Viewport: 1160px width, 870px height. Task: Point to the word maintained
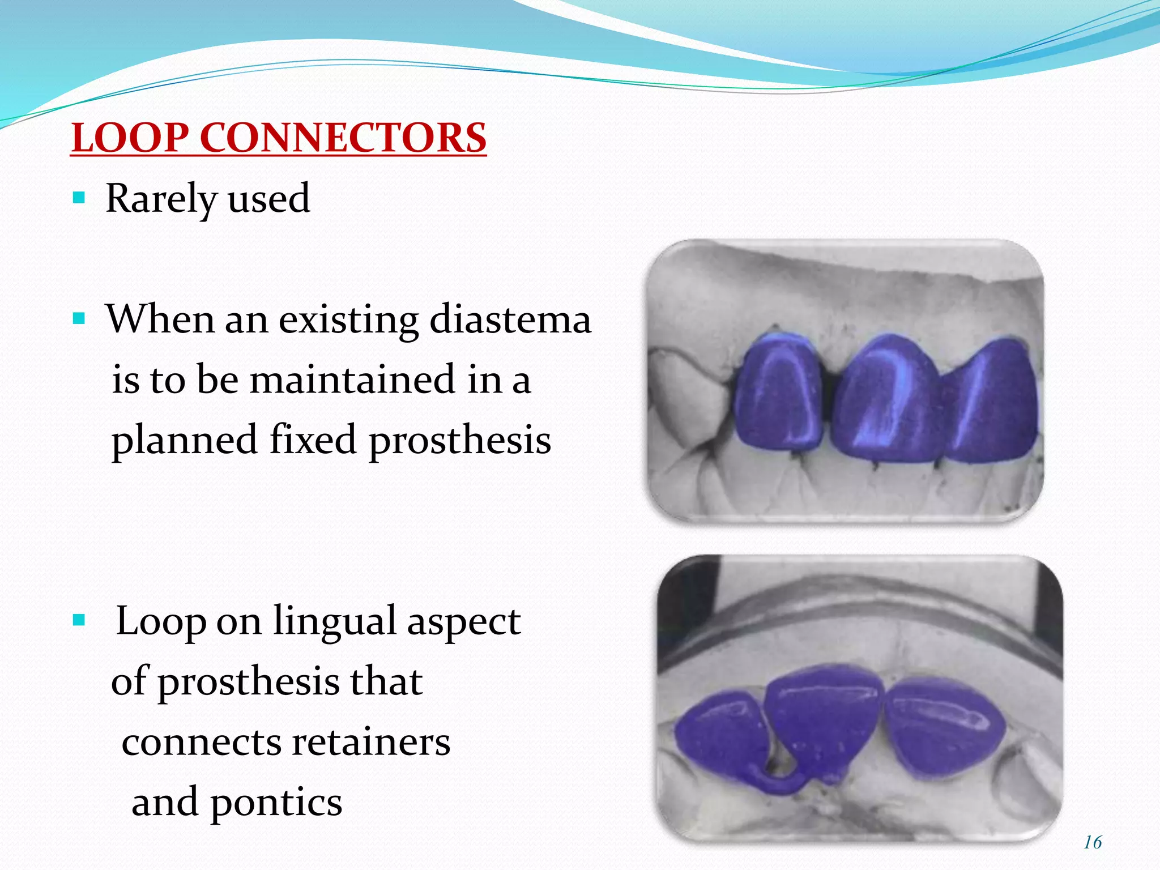pos(352,379)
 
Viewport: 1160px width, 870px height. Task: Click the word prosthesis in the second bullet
pos(460,440)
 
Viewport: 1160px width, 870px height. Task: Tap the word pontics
pos(276,803)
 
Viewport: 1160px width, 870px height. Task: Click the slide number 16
pos(1093,842)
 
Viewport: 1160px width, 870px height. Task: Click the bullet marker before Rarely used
pos(79,198)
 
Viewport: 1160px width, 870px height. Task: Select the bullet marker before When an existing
pos(79,319)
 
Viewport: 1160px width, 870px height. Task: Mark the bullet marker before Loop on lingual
pos(79,621)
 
